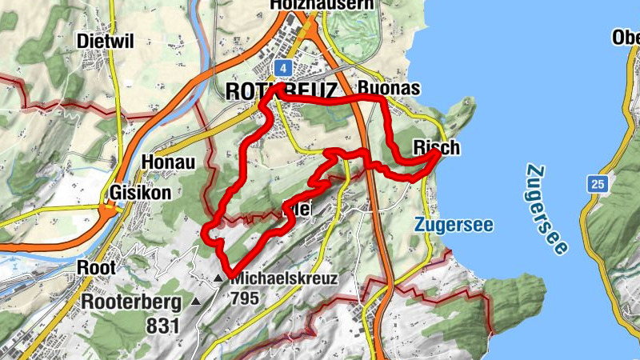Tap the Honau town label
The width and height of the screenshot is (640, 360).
(x=168, y=162)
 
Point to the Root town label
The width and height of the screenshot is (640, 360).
(x=98, y=267)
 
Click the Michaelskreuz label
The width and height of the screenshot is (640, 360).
(x=283, y=278)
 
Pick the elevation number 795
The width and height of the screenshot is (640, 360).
(x=245, y=298)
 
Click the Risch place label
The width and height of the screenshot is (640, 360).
(x=436, y=147)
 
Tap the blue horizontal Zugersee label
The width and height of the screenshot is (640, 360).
(x=454, y=226)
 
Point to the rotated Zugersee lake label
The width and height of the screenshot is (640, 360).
(x=548, y=210)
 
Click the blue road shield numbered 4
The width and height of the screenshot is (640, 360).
(x=282, y=67)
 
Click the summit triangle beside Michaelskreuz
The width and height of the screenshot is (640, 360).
(x=218, y=278)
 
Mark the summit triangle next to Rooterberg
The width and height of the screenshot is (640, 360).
(x=196, y=302)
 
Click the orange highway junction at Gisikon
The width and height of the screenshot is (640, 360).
(x=106, y=210)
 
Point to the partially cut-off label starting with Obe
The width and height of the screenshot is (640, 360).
(x=626, y=38)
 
